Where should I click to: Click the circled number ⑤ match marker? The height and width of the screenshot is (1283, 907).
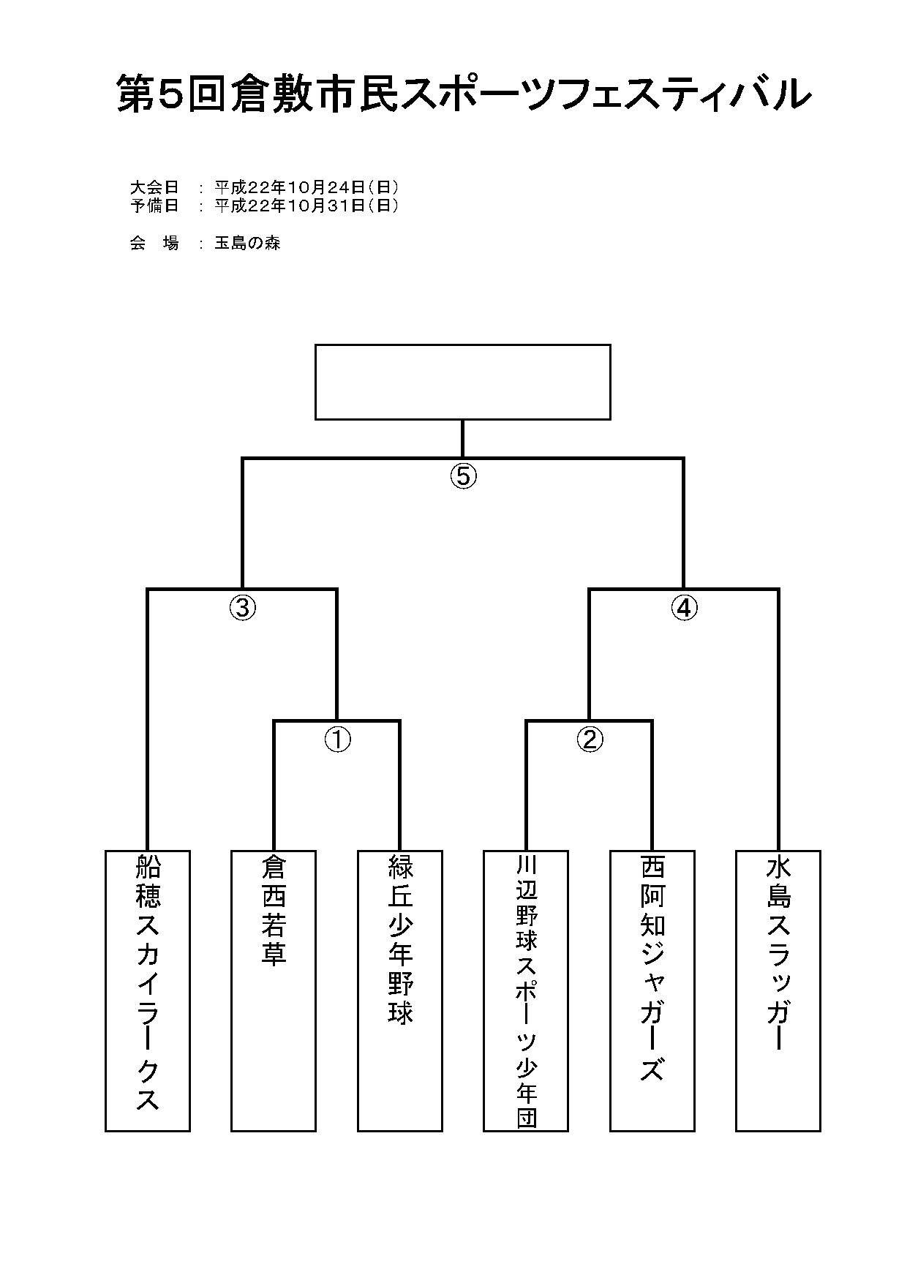pos(462,476)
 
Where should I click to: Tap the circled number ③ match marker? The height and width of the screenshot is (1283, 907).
pos(243,608)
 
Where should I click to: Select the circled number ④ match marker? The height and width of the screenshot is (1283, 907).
pos(685,608)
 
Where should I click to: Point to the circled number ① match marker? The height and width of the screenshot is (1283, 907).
pos(337,740)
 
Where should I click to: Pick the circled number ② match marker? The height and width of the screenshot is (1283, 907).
pos(590,740)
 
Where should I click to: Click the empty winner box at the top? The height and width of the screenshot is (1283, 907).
pos(462,382)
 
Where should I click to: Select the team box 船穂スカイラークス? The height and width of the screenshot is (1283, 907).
pos(148,990)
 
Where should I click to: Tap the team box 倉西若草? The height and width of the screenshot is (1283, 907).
pos(274,990)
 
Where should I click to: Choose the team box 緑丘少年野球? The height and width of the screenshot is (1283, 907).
pos(400,990)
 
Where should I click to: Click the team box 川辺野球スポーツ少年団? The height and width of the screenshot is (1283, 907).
pos(526,990)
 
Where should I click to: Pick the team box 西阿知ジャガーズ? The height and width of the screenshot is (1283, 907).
pos(652,990)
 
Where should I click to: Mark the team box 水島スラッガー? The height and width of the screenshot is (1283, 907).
pos(778,990)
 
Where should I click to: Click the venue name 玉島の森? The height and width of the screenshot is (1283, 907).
pos(247,244)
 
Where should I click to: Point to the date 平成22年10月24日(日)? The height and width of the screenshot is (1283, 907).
pos(306,187)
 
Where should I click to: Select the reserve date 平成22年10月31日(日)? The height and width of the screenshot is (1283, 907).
pos(306,206)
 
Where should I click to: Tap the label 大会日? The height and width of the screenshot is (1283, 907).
pos(154,187)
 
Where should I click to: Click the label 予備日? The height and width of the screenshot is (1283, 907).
pos(154,206)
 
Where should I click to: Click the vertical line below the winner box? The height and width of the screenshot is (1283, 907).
pos(462,438)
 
